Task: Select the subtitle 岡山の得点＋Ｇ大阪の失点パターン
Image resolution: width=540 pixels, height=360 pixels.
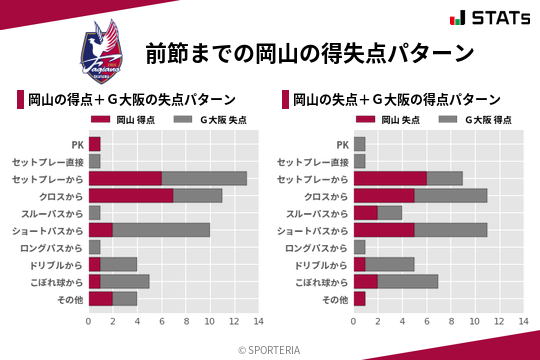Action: pyautogui.click(x=132, y=99)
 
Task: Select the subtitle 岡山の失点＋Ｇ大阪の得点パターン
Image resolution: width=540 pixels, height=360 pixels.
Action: pyautogui.click(x=396, y=99)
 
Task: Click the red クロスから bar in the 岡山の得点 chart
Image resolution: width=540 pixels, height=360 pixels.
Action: pyautogui.click(x=131, y=195)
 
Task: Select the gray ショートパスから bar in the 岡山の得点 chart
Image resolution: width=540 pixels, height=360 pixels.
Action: pyautogui.click(x=161, y=230)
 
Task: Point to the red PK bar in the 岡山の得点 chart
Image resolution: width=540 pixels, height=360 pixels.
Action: pyautogui.click(x=95, y=144)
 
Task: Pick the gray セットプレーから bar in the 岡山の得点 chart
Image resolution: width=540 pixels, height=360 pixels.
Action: pyautogui.click(x=204, y=178)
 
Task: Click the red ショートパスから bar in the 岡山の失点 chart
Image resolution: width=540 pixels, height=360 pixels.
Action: pyautogui.click(x=384, y=230)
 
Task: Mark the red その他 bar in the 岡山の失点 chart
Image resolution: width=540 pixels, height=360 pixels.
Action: pyautogui.click(x=359, y=298)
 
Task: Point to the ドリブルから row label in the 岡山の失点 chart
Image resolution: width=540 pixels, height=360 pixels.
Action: pyautogui.click(x=322, y=264)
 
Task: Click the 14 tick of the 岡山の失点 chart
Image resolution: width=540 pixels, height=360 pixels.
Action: pyautogui.click(x=523, y=322)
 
